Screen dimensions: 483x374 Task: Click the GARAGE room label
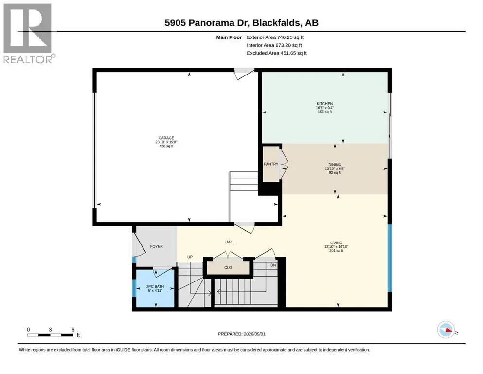click(x=166, y=138)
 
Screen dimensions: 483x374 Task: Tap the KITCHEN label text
click(x=324, y=104)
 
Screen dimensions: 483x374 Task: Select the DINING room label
click(x=335, y=165)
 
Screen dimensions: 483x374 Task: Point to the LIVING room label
click(x=336, y=243)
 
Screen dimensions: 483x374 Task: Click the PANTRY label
click(x=271, y=164)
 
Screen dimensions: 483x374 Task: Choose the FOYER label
click(x=157, y=246)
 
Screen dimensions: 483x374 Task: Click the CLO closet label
click(x=228, y=267)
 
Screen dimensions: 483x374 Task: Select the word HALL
click(x=230, y=242)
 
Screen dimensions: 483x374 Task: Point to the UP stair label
click(x=190, y=257)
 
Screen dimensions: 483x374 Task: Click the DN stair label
click(x=273, y=265)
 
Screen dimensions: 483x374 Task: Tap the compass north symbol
click(x=446, y=330)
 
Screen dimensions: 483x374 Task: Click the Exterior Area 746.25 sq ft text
click(x=275, y=37)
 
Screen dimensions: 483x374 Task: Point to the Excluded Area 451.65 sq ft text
click(x=277, y=53)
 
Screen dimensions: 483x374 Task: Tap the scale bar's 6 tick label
click(x=73, y=329)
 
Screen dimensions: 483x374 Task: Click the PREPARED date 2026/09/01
click(x=254, y=334)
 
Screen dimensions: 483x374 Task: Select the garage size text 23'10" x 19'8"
click(x=166, y=142)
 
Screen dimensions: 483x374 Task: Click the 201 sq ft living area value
click(x=337, y=251)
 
